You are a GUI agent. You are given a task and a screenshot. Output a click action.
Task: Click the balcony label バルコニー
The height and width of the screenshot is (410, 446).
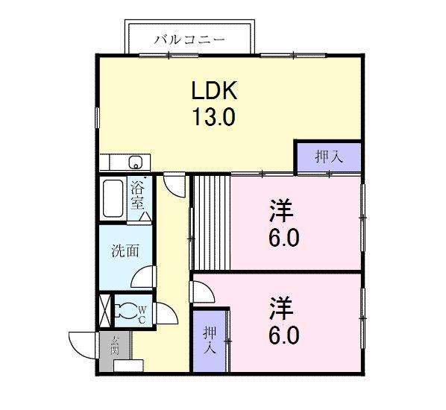click(189, 39)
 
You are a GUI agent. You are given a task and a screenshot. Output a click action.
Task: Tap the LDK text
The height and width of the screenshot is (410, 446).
click(214, 92)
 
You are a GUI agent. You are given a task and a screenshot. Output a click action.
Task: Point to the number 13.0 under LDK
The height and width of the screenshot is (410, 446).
click(214, 117)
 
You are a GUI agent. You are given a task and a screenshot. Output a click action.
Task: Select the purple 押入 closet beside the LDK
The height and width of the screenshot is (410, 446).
click(328, 157)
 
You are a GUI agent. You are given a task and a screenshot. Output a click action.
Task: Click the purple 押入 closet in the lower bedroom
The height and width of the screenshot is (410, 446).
click(210, 340)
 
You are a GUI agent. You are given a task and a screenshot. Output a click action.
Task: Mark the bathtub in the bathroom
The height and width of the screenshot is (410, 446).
click(113, 198)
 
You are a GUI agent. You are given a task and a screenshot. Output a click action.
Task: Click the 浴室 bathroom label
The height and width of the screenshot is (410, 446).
click(137, 195)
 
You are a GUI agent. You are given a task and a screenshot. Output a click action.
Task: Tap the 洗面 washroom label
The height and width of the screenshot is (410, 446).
click(125, 251)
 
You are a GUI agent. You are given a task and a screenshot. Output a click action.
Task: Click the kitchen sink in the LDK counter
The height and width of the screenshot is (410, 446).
click(136, 163)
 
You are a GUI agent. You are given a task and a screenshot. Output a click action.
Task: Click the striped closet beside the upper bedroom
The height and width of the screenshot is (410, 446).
click(211, 221)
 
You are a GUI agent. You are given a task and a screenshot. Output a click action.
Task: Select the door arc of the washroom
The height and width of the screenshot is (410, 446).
click(145, 277)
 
